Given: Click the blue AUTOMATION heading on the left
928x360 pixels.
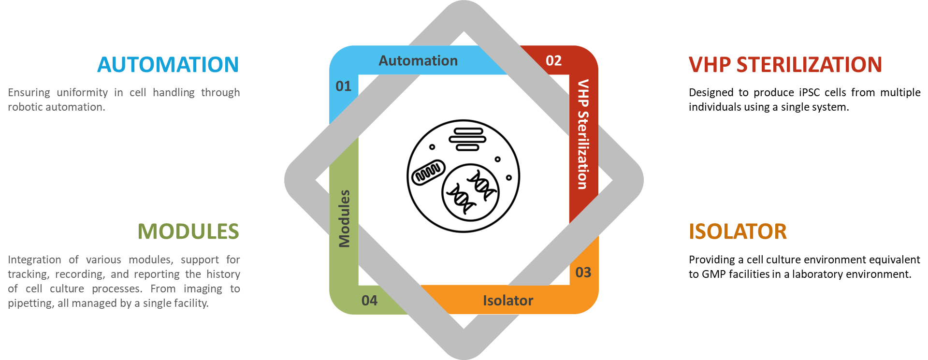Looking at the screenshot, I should (x=168, y=65).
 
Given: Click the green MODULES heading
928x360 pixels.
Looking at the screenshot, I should (x=188, y=231).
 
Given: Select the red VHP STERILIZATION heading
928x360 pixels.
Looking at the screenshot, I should (x=785, y=65).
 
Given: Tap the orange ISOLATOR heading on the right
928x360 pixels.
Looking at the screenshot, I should (x=738, y=231).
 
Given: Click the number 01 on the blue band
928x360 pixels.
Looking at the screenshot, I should (x=344, y=86).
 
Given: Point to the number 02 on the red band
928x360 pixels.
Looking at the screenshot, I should (x=553, y=61).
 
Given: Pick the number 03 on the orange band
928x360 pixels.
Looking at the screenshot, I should (x=583, y=273).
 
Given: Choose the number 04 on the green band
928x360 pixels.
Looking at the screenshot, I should (x=369, y=301).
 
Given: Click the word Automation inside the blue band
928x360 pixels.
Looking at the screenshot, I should (x=418, y=61).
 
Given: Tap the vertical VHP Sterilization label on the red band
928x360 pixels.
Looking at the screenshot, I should (x=583, y=134).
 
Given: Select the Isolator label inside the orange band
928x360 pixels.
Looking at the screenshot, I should (x=508, y=301).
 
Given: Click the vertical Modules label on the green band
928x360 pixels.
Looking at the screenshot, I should (x=344, y=218).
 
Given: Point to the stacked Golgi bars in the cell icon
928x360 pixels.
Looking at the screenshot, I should (x=467, y=139).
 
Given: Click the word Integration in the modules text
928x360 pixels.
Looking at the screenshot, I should (x=34, y=260).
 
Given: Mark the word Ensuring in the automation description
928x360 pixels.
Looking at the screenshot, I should (x=29, y=92).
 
